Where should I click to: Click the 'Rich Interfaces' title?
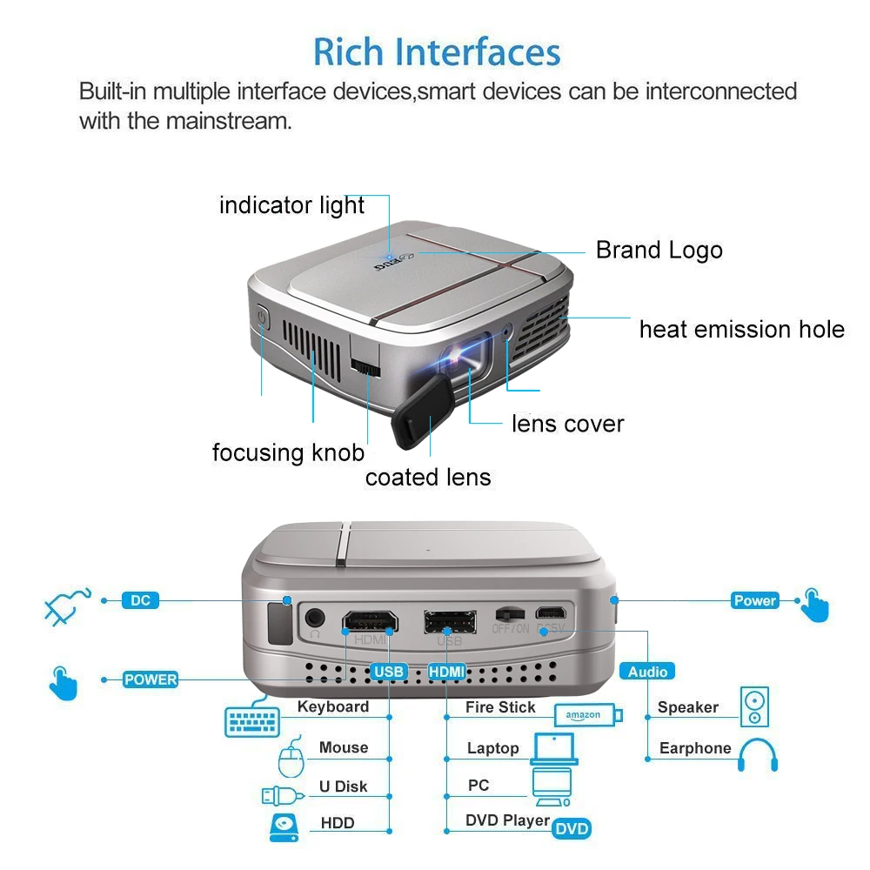coord(437,51)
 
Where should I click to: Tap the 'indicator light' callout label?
coord(291,205)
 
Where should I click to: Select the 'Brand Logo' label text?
coord(659,251)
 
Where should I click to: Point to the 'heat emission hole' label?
coord(741,329)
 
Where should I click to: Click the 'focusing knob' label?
coord(288,452)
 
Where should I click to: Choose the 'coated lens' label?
coord(428,477)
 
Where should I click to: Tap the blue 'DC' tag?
coord(139,600)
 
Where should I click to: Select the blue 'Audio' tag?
coord(647,671)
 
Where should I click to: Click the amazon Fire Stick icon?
coord(588,715)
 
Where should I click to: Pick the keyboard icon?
coord(251,721)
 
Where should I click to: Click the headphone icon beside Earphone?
coord(757,755)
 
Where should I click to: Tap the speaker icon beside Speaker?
coord(754,707)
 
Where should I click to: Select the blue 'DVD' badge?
coord(572,828)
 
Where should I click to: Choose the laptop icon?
coord(554,749)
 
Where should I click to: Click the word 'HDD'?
coord(338,822)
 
